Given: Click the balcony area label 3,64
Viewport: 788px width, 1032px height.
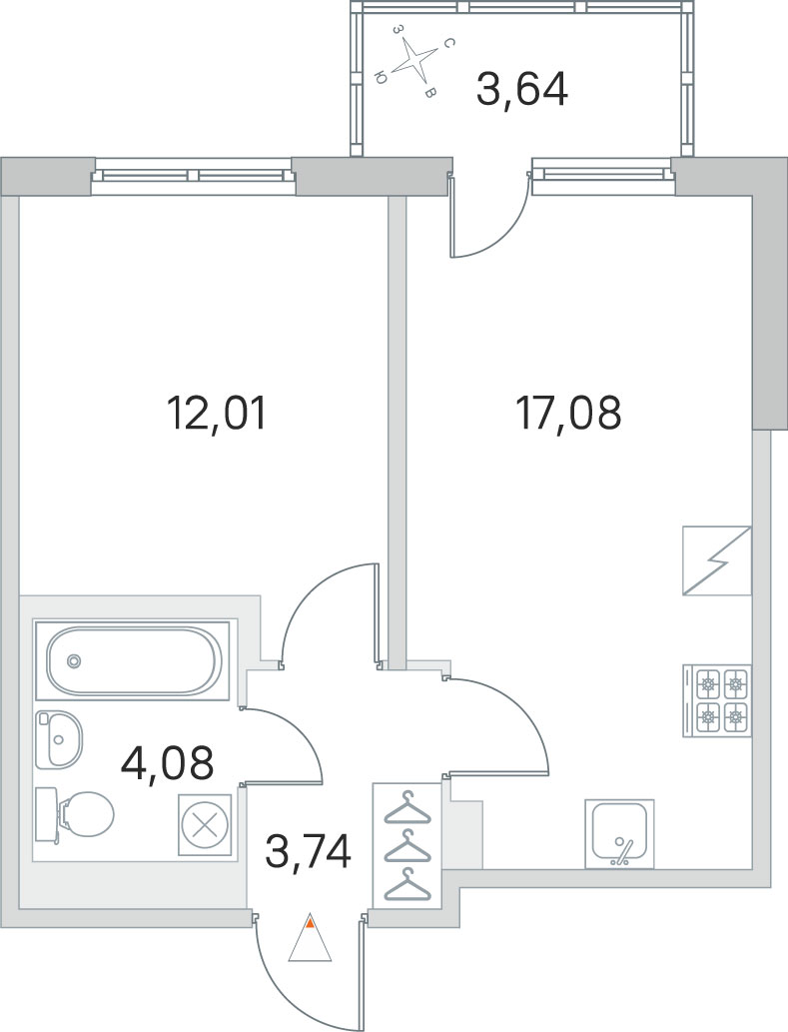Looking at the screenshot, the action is (521, 90).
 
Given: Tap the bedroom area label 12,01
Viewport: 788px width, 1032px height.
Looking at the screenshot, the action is (217, 414).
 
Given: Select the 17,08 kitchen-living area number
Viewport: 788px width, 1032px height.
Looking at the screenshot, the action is (569, 414).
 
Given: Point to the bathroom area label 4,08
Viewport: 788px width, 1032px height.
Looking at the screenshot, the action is (168, 762).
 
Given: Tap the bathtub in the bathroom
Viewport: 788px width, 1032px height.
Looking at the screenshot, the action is (132, 659).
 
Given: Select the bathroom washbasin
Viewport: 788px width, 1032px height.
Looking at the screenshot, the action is (59, 738).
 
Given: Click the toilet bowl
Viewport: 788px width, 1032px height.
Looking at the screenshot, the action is (74, 814).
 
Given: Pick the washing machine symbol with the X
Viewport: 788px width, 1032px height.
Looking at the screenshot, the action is (205, 824).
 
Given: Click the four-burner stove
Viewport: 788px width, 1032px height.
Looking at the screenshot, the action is (717, 700).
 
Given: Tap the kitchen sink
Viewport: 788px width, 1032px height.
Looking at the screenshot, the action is (619, 833).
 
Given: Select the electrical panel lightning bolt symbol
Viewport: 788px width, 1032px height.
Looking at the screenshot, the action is (717, 560).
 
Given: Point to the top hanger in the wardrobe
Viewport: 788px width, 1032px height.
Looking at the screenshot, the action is (407, 808).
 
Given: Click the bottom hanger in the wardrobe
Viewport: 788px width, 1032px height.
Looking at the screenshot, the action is (407, 884).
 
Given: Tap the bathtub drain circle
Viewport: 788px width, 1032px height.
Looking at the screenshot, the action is (74, 660).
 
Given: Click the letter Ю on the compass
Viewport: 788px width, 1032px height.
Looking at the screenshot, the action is (380, 78).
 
